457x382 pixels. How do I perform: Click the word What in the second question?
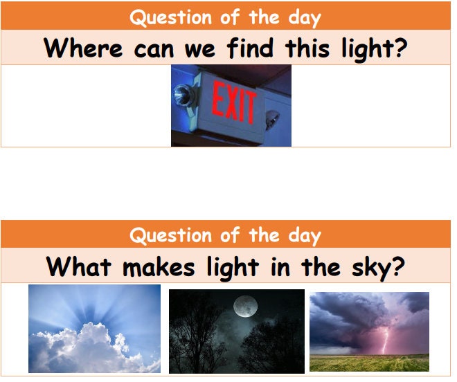point(74,266)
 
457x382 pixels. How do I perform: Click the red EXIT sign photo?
point(231,105)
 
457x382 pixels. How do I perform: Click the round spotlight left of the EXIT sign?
point(182,93)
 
